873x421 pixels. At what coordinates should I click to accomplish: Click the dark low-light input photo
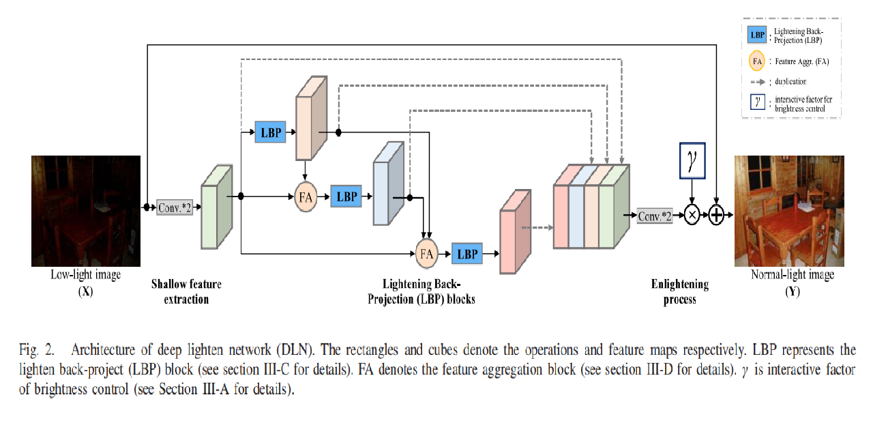[85, 210]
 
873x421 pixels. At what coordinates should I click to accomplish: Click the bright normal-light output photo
[789, 210]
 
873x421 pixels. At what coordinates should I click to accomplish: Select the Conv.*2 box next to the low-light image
[175, 207]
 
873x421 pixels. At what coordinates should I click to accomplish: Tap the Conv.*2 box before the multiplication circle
[655, 216]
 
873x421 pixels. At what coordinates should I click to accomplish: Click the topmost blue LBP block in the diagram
[271, 132]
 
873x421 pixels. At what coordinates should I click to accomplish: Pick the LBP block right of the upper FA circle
[347, 197]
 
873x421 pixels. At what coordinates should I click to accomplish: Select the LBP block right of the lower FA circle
[467, 254]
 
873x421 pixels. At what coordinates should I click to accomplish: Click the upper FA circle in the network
[306, 197]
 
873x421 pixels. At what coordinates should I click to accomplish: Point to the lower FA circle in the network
[426, 254]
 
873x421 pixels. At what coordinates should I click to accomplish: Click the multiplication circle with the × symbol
[692, 216]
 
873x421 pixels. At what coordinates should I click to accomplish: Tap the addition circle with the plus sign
[716, 216]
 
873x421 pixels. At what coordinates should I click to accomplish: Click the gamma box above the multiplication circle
[692, 161]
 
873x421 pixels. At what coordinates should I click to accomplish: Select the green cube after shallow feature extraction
[216, 207]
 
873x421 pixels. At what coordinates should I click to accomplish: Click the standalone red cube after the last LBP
[515, 233]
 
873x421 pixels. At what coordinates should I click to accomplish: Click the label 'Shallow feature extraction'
[186, 291]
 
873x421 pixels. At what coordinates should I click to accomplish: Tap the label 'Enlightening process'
[680, 291]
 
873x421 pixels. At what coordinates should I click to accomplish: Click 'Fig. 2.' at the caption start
[36, 351]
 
